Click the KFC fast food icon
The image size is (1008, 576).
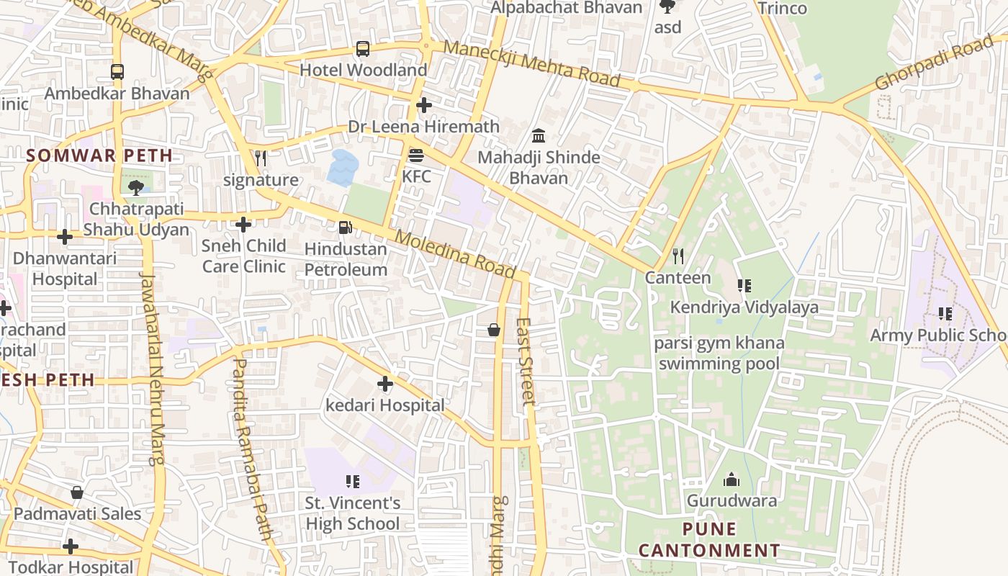pos(416,156)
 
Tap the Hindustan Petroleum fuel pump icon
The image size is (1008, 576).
pos(346,228)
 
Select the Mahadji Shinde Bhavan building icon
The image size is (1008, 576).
pos(539,135)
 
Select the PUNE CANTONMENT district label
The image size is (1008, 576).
pos(708,540)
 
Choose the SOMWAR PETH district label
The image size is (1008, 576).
pos(99,156)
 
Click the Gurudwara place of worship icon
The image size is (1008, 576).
pos(732,480)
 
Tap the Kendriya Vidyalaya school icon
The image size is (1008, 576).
pos(744,286)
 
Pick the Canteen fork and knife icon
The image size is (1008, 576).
pos(678,256)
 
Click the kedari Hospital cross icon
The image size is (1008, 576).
pos(385,384)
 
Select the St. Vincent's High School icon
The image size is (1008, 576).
pos(352,481)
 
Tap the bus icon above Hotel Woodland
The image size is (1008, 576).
pos(363,49)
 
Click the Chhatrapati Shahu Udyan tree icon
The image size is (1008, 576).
pos(135,188)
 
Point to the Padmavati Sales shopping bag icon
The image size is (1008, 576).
pos(77,492)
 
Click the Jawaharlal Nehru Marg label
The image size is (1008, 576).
pos(153,367)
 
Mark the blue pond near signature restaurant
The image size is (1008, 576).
pos(343,168)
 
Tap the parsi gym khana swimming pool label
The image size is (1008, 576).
pos(719,353)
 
